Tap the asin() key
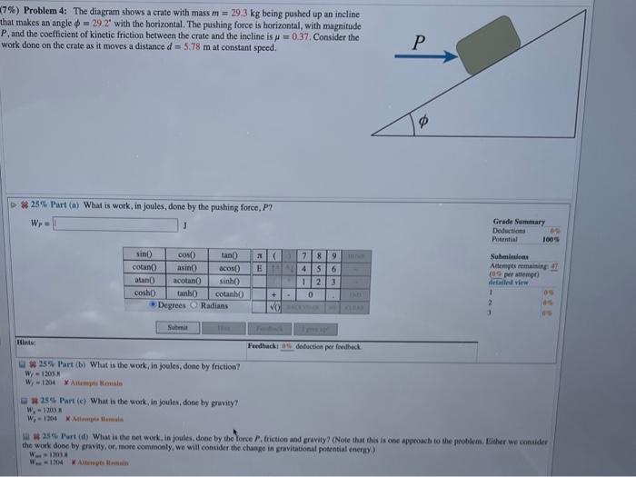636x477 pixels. (186, 270)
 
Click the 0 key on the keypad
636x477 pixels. (312, 294)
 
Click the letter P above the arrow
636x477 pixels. (417, 42)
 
